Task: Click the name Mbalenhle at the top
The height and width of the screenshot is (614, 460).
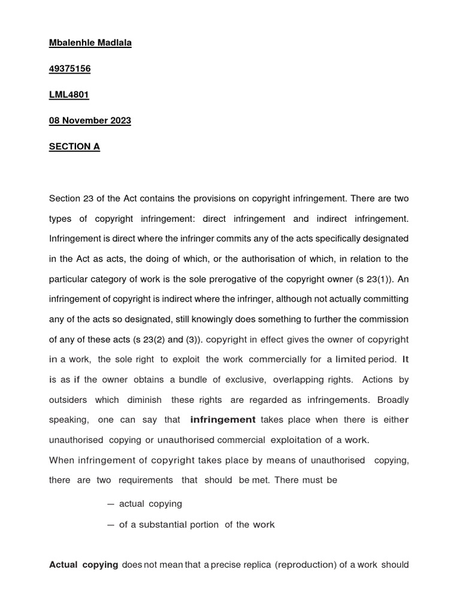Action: point(71,43)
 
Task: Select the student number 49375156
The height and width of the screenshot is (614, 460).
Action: point(69,69)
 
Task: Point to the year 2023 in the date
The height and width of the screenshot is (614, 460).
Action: point(119,121)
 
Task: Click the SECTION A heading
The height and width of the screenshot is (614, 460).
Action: point(74,146)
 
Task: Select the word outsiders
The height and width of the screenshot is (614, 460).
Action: point(68,399)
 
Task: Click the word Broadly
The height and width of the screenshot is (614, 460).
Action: point(392,399)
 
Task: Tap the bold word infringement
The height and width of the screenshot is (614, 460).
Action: point(222,420)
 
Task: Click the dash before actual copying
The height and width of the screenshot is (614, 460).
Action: point(111,504)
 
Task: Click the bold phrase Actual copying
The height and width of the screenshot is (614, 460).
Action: point(83,565)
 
